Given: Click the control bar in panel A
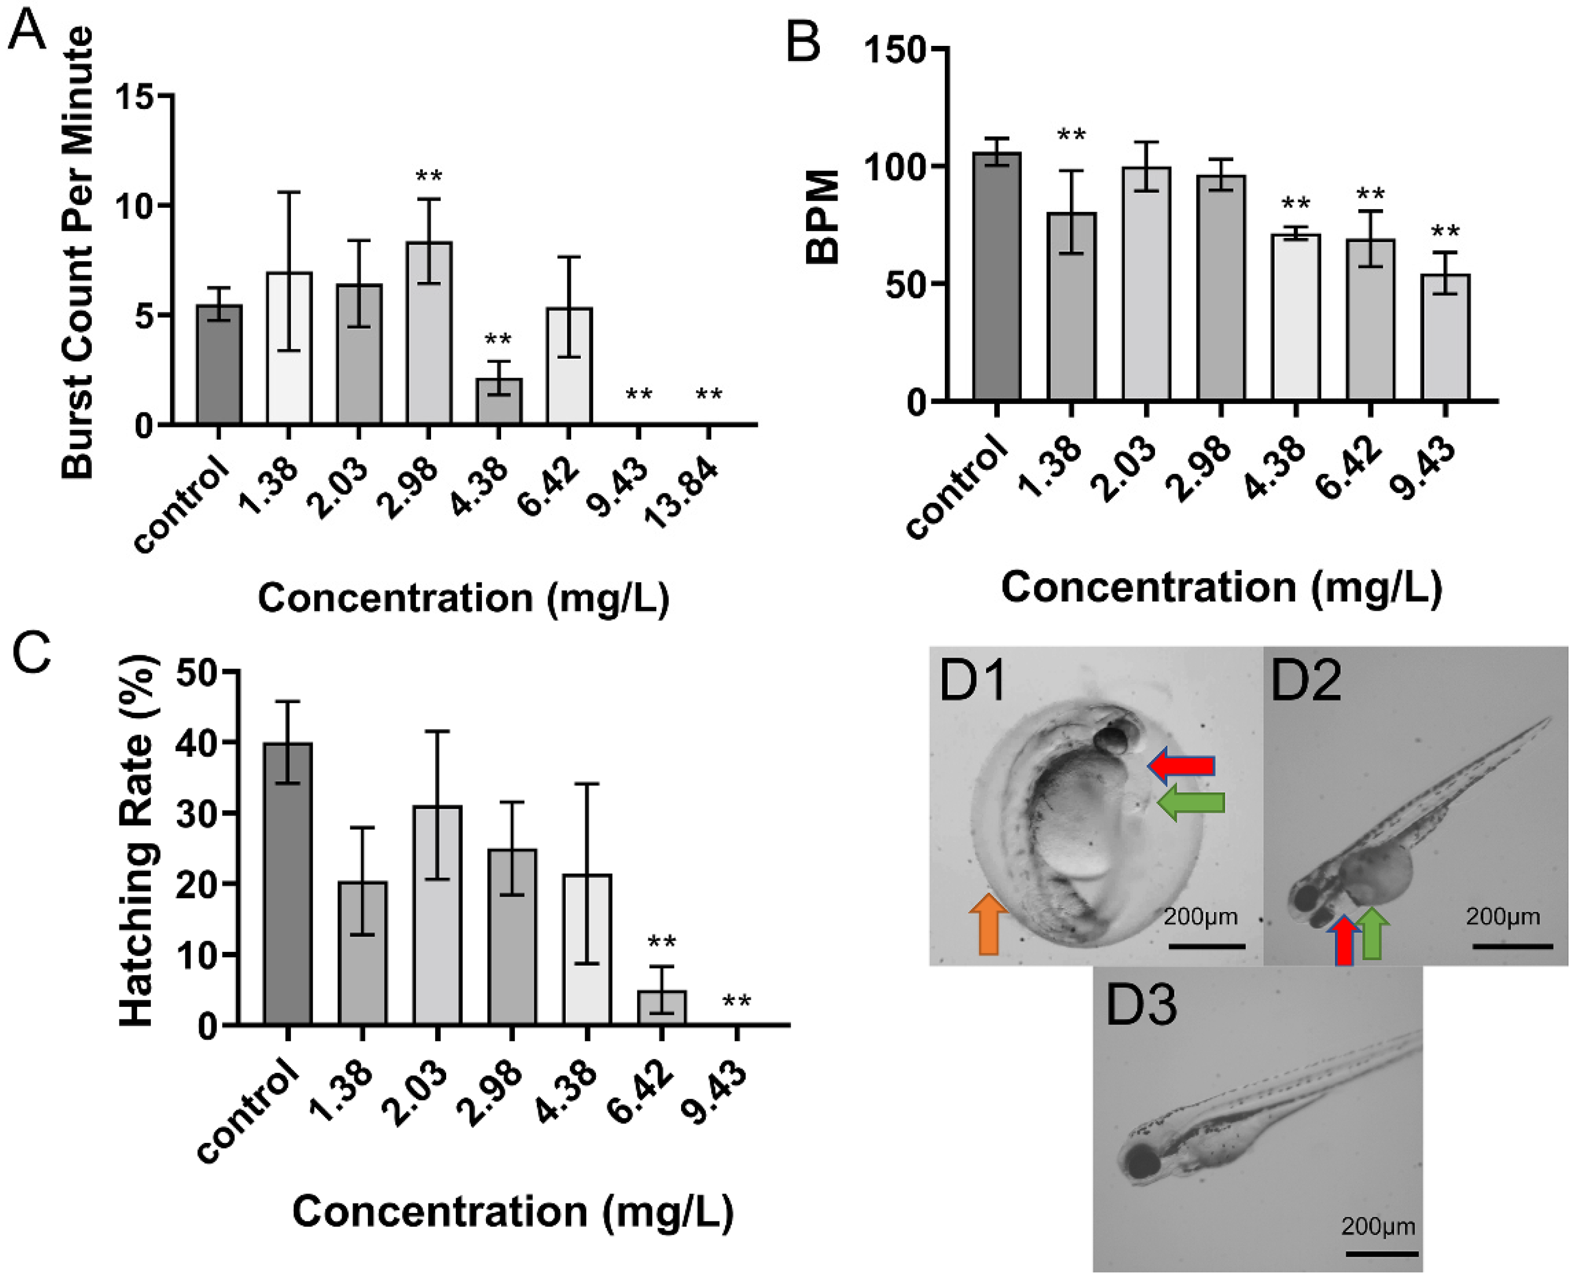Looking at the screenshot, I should tap(219, 365).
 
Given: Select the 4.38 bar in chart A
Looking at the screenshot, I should tap(498, 402).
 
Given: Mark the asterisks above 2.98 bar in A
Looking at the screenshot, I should tap(429, 177).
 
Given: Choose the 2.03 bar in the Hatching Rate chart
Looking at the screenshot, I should tap(438, 915).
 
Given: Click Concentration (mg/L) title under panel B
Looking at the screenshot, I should tap(1221, 589).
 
